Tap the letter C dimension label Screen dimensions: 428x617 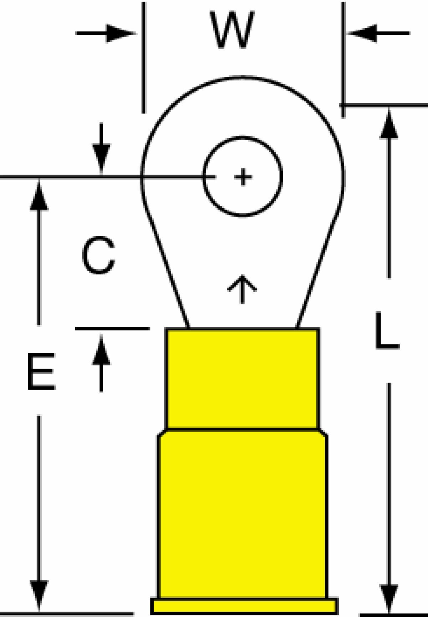(98, 256)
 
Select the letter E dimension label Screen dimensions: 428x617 (41, 371)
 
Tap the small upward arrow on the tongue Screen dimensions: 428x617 (242, 289)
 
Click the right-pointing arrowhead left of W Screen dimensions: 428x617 (121, 33)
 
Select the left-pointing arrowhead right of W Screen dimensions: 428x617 (362, 33)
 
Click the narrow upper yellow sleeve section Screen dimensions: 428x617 (243, 379)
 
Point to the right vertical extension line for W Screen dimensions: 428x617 (343, 59)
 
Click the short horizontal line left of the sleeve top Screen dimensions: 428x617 (112, 328)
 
